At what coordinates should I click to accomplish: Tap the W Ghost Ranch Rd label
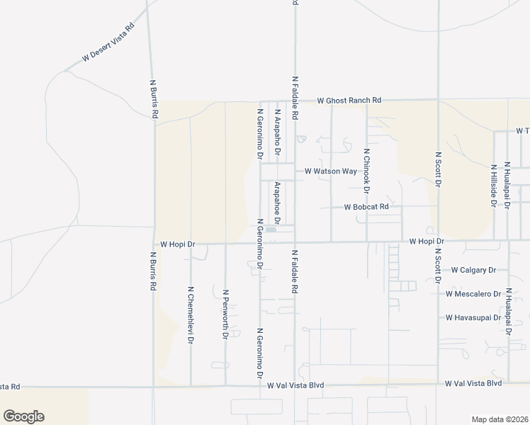pos(349,101)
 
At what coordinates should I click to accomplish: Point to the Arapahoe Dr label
pos(278,203)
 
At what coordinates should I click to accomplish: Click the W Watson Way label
pos(331,171)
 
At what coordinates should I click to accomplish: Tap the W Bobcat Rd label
pos(366,208)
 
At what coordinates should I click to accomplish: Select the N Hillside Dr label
pos(493,186)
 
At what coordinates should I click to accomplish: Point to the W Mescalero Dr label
pos(473,294)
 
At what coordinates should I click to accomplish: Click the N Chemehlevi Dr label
pos(191,315)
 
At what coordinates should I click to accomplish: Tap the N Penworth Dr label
pos(225,314)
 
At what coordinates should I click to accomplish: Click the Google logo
pos(23,416)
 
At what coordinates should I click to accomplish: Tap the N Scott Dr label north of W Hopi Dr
pos(439,169)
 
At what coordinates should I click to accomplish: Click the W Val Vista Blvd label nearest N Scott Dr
pos(473,383)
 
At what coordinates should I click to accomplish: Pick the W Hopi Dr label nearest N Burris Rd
pos(177,244)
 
